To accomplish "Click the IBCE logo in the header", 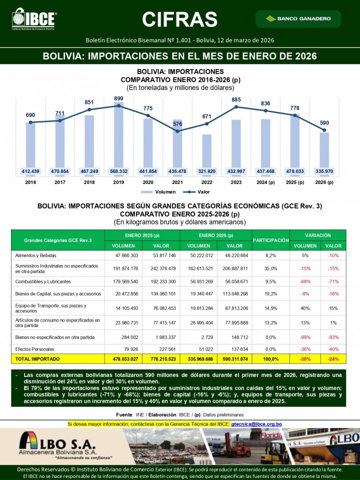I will (x=34, y=19).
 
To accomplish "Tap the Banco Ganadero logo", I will (x=298, y=19).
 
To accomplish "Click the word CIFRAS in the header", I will (x=179, y=19).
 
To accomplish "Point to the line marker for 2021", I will (x=177, y=131).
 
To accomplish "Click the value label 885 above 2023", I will (x=236, y=100).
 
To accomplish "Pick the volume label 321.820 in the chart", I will (x=206, y=171).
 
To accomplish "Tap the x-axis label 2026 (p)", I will (x=324, y=182).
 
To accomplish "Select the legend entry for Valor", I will (x=197, y=191).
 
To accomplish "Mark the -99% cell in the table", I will (x=305, y=337).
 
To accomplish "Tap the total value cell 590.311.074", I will (x=234, y=359).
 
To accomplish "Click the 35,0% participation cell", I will (x=271, y=268).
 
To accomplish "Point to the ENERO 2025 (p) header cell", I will (x=142, y=235).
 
